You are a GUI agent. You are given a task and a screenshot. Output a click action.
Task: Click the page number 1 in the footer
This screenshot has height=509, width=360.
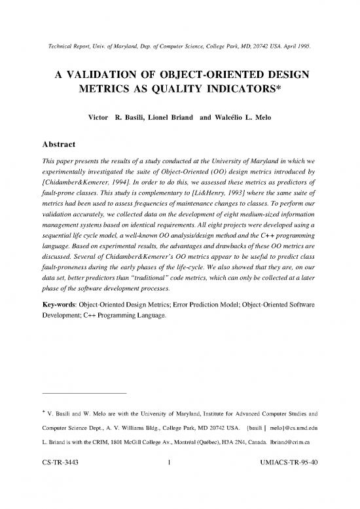pos(169,480)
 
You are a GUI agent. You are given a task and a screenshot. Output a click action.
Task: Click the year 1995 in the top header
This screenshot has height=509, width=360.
pos(306,48)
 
